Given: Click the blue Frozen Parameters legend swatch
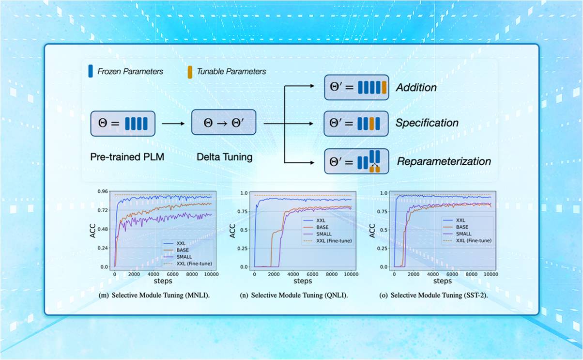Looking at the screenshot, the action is [x=91, y=71].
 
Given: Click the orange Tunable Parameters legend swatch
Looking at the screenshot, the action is [x=190, y=72].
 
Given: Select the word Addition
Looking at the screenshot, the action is [x=416, y=88].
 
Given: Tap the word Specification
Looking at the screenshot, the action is [x=427, y=123].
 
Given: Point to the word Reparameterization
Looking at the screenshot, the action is [x=444, y=161].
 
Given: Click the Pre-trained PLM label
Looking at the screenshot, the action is [x=127, y=157].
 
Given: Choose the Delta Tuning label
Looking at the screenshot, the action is [x=224, y=157].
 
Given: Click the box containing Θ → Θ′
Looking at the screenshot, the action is [x=224, y=122].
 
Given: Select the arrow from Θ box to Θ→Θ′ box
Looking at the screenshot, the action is [x=173, y=124].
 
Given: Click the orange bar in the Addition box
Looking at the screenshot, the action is [x=384, y=87].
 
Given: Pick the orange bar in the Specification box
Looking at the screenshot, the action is [x=372, y=124].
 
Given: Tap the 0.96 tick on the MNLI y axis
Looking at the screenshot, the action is [x=103, y=191].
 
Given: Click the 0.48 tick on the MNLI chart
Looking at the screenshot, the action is [x=103, y=229].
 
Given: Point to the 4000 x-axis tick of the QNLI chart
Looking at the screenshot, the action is [x=293, y=274].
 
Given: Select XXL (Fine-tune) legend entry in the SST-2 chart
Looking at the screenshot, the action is [x=467, y=240].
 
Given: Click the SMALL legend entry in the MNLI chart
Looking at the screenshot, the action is [x=178, y=257].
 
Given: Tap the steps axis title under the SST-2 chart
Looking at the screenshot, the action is [x=443, y=281].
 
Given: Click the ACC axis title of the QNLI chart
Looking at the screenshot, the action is [x=232, y=231].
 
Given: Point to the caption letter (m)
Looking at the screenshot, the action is [x=104, y=296].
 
